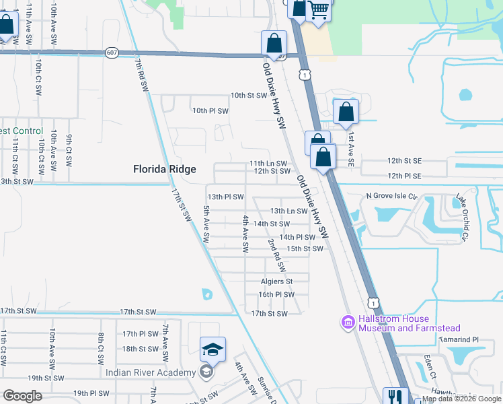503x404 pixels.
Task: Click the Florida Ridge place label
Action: tap(165, 169)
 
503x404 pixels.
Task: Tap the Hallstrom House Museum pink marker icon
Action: tap(348, 323)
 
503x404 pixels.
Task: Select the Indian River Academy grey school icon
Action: tap(207, 372)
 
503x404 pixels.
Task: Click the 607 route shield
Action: tap(112, 53)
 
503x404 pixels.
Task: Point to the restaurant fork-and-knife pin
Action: tap(394, 397)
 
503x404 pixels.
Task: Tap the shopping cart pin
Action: tap(319, 9)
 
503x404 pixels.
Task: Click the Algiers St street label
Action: tap(277, 281)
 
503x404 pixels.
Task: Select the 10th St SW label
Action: tap(249, 96)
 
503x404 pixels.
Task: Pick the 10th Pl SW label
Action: tap(210, 110)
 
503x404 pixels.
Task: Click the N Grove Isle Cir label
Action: tap(391, 196)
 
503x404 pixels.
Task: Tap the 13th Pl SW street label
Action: tap(225, 197)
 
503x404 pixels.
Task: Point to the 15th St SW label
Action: tap(305, 249)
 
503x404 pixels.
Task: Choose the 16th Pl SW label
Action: tap(276, 294)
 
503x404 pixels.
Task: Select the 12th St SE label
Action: tap(404, 162)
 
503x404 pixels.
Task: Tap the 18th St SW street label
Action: tap(140, 349)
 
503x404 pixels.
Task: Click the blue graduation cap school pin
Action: tap(212, 349)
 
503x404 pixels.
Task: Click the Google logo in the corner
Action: tap(22, 396)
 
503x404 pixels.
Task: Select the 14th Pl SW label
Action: tap(297, 237)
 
